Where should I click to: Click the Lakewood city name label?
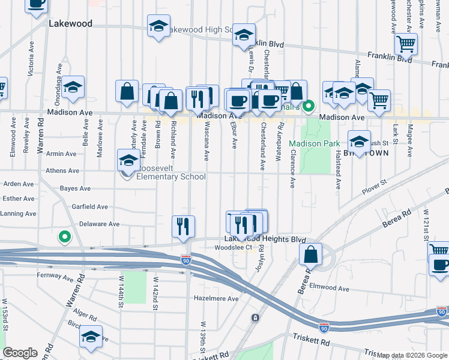click(x=71, y=24)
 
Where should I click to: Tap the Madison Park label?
click(x=314, y=143)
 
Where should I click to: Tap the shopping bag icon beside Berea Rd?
click(x=312, y=255)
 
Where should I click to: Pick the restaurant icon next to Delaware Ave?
click(x=184, y=226)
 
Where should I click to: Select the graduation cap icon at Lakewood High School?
click(x=158, y=27)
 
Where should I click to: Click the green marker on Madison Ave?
click(x=309, y=107)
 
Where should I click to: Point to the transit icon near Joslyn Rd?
click(x=256, y=317)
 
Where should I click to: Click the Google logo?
click(x=20, y=353)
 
